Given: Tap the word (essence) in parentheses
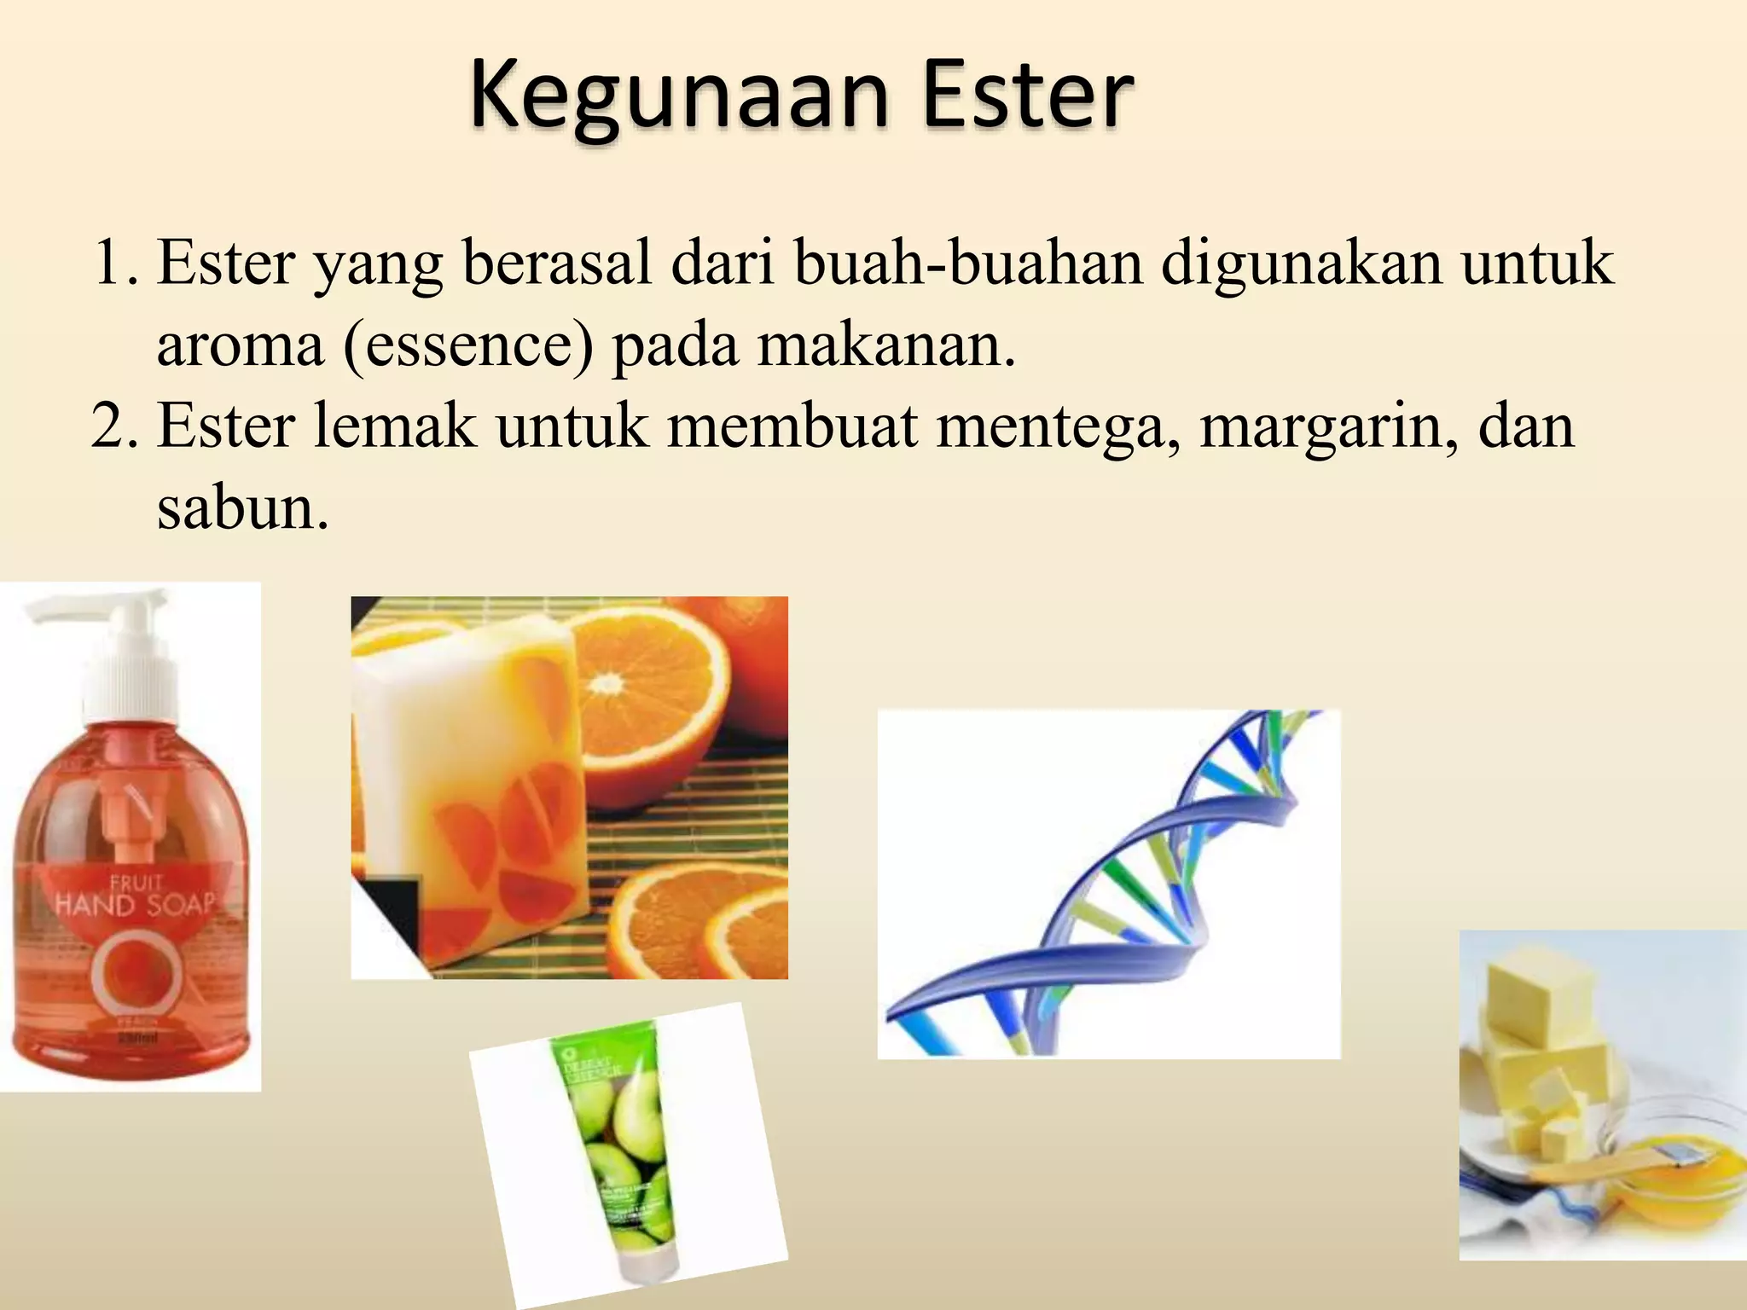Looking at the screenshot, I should pos(468,345).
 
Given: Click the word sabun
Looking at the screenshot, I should pos(241,507).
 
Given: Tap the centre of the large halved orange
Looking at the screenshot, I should pos(607,682).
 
